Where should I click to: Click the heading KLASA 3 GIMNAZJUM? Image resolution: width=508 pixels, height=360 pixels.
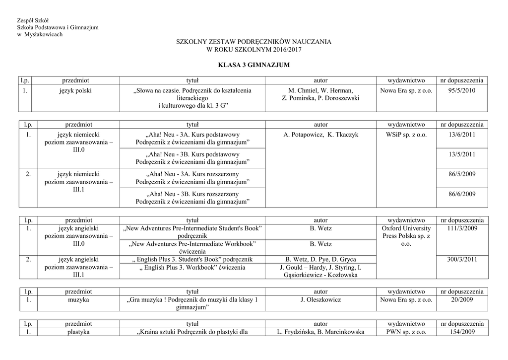pyautogui.click(x=254, y=65)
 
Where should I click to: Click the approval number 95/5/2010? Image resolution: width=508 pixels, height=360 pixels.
pyautogui.click(x=461, y=90)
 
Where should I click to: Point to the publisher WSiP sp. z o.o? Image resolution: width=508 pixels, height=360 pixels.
pyautogui.click(x=406, y=134)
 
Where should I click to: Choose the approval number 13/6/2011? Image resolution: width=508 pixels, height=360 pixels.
pyautogui.click(x=461, y=134)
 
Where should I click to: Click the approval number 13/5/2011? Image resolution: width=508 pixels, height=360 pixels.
pyautogui.click(x=461, y=154)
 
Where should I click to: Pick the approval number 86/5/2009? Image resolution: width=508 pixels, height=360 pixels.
pyautogui.click(x=461, y=174)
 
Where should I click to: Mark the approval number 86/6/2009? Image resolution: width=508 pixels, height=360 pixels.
pyautogui.click(x=461, y=194)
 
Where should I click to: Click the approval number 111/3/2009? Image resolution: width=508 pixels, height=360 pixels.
pyautogui.click(x=461, y=228)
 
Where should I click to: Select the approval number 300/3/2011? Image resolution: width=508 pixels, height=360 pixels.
pyautogui.click(x=461, y=259)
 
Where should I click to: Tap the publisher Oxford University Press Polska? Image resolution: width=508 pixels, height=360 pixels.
pyautogui.click(x=406, y=236)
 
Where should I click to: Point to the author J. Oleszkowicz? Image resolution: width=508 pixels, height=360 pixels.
pyautogui.click(x=320, y=300)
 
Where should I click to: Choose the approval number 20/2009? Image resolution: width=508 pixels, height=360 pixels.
pyautogui.click(x=461, y=300)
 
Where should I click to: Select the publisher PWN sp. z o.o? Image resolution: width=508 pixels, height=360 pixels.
pyautogui.click(x=406, y=332)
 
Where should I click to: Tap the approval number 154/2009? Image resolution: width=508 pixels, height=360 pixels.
pyautogui.click(x=461, y=332)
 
